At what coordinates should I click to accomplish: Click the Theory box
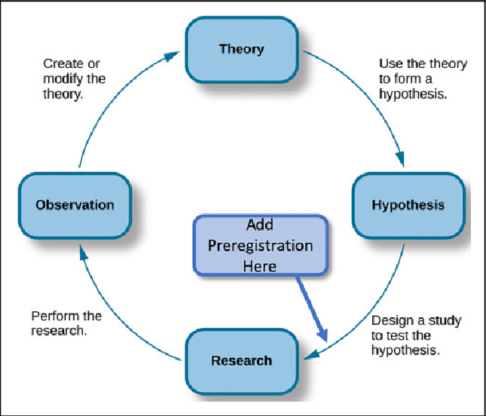click(x=242, y=50)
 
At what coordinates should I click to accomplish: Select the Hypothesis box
click(x=408, y=205)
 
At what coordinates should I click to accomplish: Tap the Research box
click(x=241, y=359)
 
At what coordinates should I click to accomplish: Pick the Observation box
click(x=75, y=204)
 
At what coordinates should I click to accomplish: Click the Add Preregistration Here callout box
click(x=261, y=246)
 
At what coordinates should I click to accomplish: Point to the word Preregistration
click(x=261, y=246)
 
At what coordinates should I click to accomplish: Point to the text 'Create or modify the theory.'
click(x=74, y=79)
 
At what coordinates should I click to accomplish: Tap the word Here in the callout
click(x=261, y=265)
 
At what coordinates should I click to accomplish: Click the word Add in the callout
click(x=261, y=225)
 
